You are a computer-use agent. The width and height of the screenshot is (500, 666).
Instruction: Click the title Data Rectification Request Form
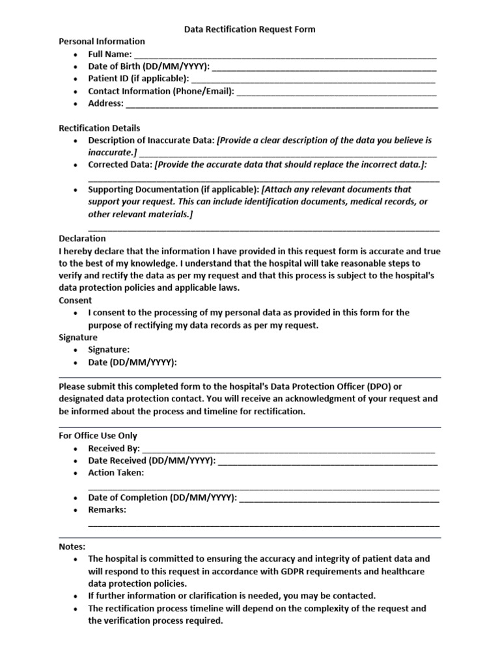[x=250, y=29]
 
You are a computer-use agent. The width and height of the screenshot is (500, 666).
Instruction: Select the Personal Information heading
[x=102, y=42]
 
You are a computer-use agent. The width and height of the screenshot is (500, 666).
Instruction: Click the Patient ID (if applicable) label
[x=138, y=79]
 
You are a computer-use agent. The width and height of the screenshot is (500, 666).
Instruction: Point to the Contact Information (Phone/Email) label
[x=161, y=91]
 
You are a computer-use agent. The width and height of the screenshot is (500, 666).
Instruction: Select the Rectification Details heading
[x=100, y=128]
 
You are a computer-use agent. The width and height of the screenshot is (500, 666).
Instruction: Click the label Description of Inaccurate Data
[x=151, y=140]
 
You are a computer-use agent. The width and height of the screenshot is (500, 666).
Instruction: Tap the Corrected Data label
[x=120, y=165]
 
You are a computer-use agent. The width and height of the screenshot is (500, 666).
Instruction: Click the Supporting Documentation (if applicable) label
[x=173, y=189]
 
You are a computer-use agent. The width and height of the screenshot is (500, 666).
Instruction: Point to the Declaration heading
[x=82, y=239]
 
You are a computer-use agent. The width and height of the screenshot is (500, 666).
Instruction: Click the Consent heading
[x=76, y=300]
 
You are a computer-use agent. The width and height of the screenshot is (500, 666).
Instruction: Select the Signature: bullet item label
[x=109, y=350]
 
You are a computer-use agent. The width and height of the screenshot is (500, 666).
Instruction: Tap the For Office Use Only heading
[x=98, y=436]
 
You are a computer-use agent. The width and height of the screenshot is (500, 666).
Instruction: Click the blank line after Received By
[x=288, y=449]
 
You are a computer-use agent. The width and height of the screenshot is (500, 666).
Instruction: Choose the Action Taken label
[x=116, y=473]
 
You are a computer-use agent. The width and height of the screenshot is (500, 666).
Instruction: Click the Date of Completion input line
[x=339, y=498]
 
